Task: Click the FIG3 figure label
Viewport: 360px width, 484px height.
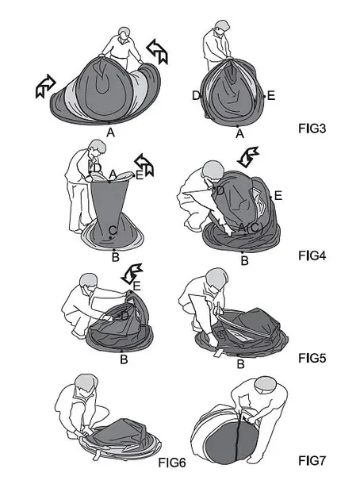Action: [312, 129]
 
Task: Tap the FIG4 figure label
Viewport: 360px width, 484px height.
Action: [312, 256]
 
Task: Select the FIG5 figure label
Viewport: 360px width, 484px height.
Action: [312, 358]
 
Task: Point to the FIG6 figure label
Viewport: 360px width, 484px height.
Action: [172, 463]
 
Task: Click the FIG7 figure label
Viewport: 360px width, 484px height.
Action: [312, 461]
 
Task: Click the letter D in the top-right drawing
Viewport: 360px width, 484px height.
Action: [196, 96]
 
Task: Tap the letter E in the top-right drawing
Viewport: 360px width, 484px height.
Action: [271, 96]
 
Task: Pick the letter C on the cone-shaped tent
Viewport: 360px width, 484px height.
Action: [113, 230]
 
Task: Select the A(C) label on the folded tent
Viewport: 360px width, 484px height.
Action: [251, 228]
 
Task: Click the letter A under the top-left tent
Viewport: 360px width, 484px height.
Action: [110, 133]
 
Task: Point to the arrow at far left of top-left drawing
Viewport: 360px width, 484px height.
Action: [45, 86]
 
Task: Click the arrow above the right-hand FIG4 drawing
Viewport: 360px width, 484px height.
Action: [247, 156]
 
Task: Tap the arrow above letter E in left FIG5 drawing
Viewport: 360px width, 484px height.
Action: [132, 274]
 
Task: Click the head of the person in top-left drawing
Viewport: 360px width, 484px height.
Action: [124, 33]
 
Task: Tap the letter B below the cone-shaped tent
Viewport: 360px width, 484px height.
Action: [115, 257]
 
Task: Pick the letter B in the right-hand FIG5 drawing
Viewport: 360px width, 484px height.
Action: [240, 364]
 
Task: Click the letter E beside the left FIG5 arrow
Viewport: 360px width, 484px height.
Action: [136, 286]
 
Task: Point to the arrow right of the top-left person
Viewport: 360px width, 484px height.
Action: [158, 52]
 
